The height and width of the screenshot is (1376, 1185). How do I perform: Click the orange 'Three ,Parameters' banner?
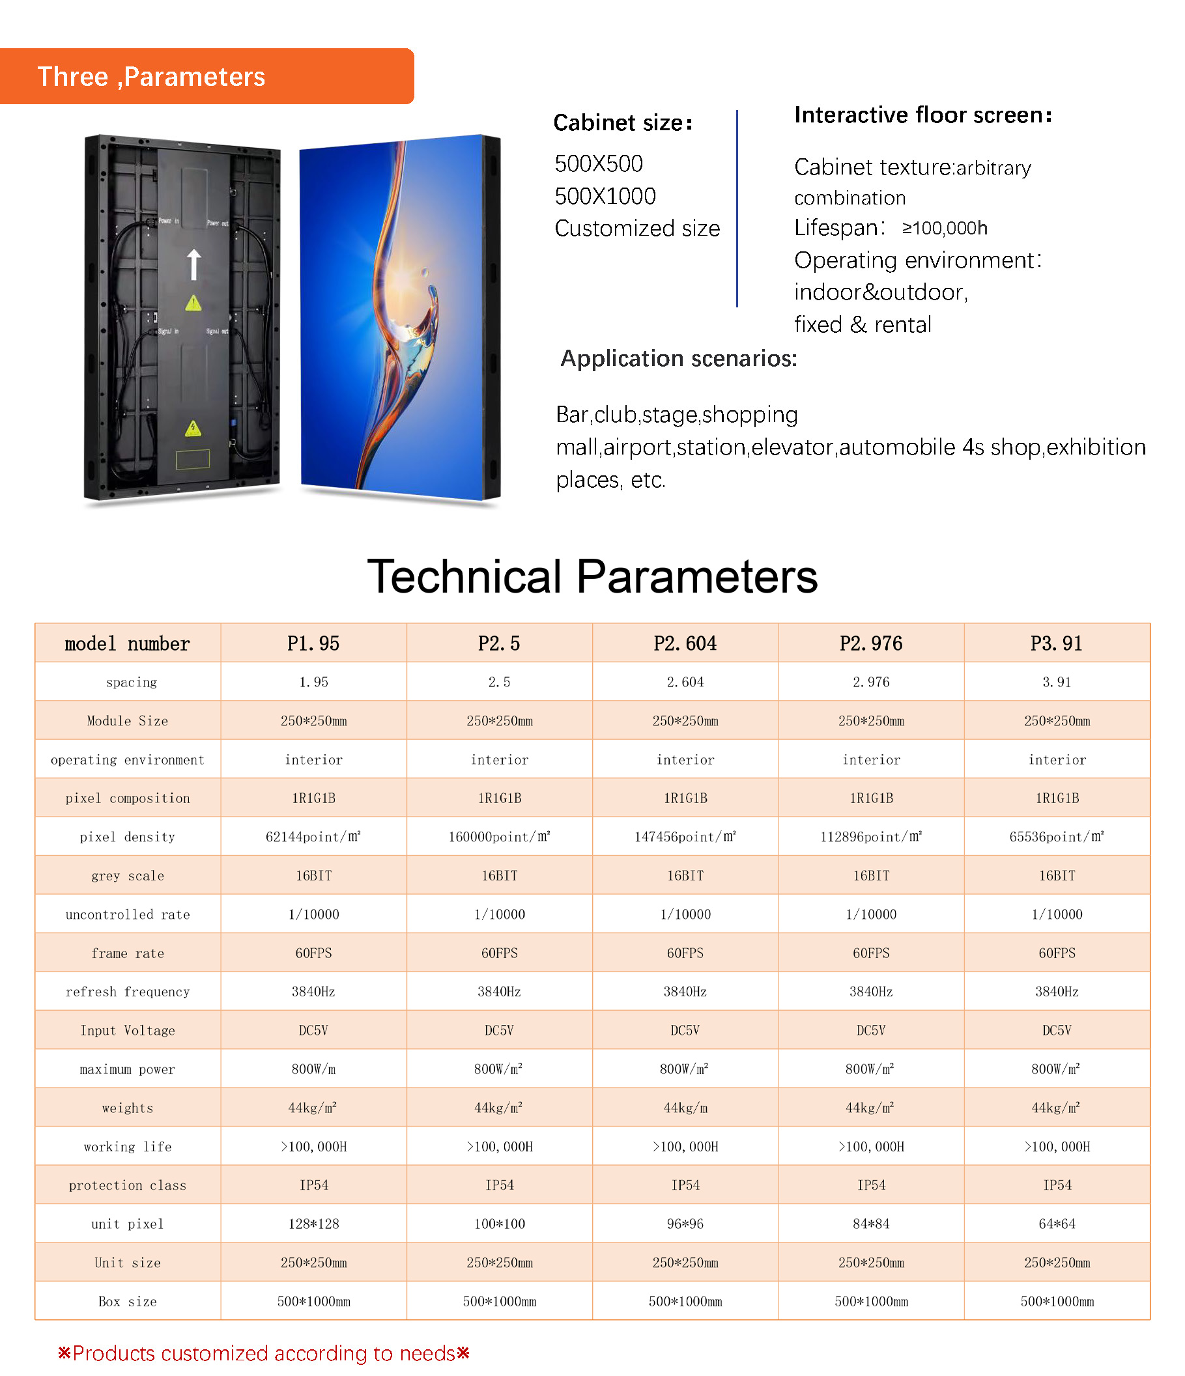[206, 76]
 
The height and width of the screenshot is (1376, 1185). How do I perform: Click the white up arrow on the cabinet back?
[194, 264]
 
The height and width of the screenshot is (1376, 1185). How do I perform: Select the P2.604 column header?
[685, 643]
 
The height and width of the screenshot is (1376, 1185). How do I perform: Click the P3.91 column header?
[1056, 643]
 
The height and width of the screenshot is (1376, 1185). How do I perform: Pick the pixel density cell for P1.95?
[313, 837]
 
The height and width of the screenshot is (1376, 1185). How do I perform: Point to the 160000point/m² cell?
[499, 837]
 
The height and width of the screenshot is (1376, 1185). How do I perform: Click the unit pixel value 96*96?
[685, 1224]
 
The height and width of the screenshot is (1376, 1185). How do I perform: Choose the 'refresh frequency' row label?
[128, 992]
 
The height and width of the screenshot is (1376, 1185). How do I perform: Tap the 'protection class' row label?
[128, 1185]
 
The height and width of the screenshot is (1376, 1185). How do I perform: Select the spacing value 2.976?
[871, 682]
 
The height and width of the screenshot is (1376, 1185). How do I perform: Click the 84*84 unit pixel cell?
[871, 1224]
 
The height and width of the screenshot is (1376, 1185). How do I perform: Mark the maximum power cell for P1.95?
[313, 1069]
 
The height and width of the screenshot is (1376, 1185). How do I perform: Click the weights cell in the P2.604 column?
[685, 1108]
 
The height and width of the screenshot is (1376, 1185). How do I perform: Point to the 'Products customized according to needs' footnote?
[264, 1353]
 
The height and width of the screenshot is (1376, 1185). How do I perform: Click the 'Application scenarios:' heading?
[678, 359]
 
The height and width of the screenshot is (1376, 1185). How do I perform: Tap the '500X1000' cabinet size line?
[605, 197]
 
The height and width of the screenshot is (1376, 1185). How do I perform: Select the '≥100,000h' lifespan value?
[945, 229]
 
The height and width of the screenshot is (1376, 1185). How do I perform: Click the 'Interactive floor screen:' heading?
[922, 115]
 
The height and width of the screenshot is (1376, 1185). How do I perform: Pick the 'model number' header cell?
[128, 643]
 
